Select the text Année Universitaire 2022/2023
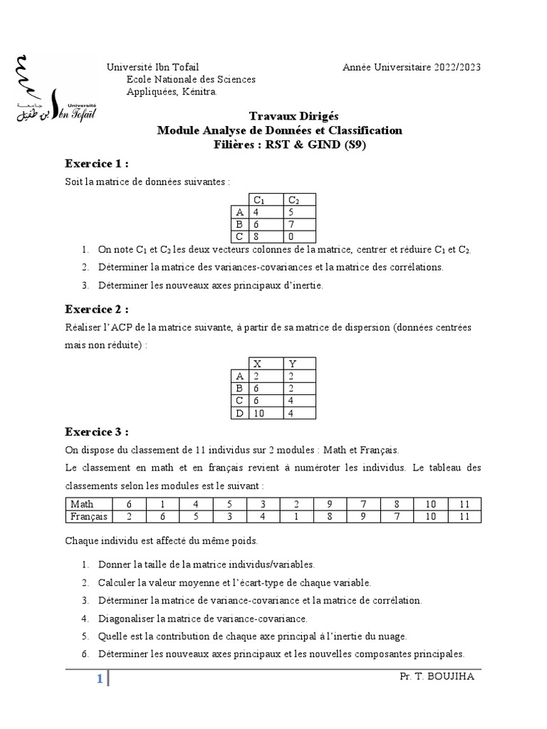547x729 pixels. (411, 68)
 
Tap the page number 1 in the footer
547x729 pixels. (100, 679)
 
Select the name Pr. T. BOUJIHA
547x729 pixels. (437, 676)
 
